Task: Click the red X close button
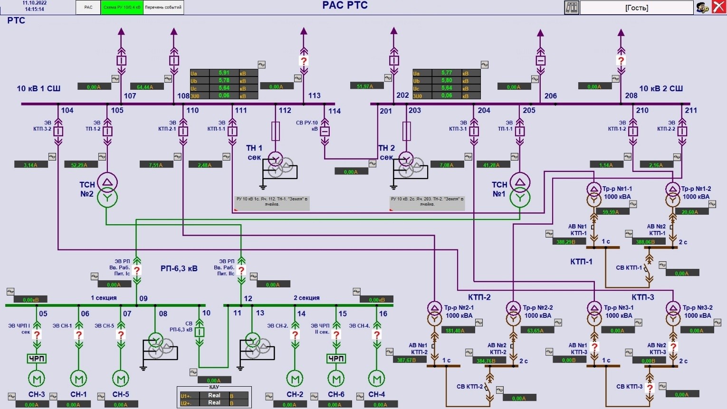coord(718,7)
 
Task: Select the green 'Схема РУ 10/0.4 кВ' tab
coord(122,8)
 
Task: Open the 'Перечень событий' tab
coord(163,8)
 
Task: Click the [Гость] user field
coord(636,8)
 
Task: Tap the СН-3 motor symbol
coord(37,379)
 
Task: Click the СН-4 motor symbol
coord(377,379)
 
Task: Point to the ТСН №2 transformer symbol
coord(107,190)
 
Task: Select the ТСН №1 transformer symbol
coord(520,190)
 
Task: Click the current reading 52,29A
coord(81,165)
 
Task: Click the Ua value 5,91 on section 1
coord(224,73)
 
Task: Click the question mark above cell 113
coord(304,61)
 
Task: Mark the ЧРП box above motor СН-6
coord(336,359)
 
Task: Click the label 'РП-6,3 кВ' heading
coord(179,268)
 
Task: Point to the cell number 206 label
coord(551,96)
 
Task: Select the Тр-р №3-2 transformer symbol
coord(673,314)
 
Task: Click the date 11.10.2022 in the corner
coord(34,3)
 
